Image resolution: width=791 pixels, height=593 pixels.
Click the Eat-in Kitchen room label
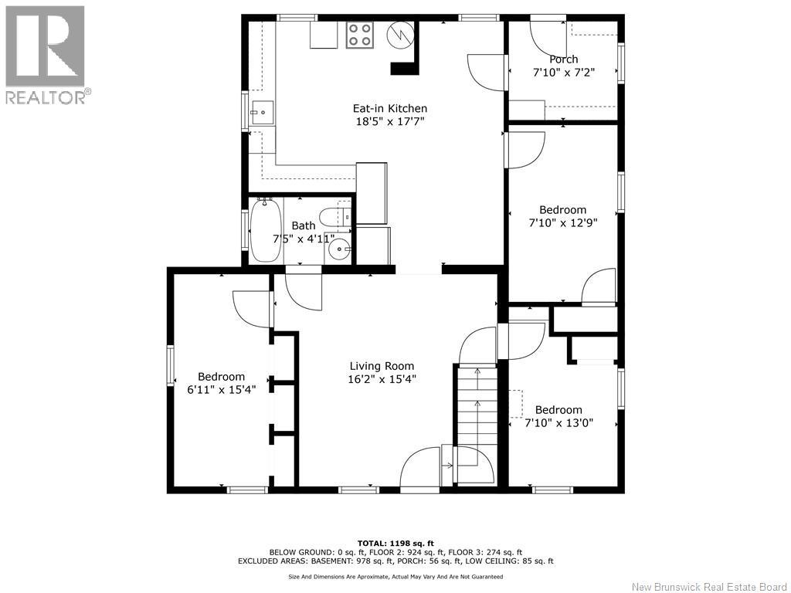389,108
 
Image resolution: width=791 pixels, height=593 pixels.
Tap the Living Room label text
382,366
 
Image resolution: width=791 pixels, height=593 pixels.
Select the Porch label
563,59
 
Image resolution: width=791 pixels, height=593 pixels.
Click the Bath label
303,225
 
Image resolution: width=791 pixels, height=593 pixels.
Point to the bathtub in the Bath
266,230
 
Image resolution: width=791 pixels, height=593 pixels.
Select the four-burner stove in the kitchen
360,36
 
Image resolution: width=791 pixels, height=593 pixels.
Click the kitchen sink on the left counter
263,113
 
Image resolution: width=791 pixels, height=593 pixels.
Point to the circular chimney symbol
400,35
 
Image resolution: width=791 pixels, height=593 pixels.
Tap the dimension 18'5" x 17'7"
390,121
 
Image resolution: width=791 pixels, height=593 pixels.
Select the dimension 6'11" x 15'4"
222,390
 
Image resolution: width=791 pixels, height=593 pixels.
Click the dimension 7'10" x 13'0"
559,423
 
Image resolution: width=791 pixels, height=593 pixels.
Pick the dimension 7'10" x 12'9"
563,223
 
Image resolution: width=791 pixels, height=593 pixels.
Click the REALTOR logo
46,55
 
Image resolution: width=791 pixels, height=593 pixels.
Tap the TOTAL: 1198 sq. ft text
395,543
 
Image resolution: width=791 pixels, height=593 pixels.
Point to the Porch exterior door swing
548,36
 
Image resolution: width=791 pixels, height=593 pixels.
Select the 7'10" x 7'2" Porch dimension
563,73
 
